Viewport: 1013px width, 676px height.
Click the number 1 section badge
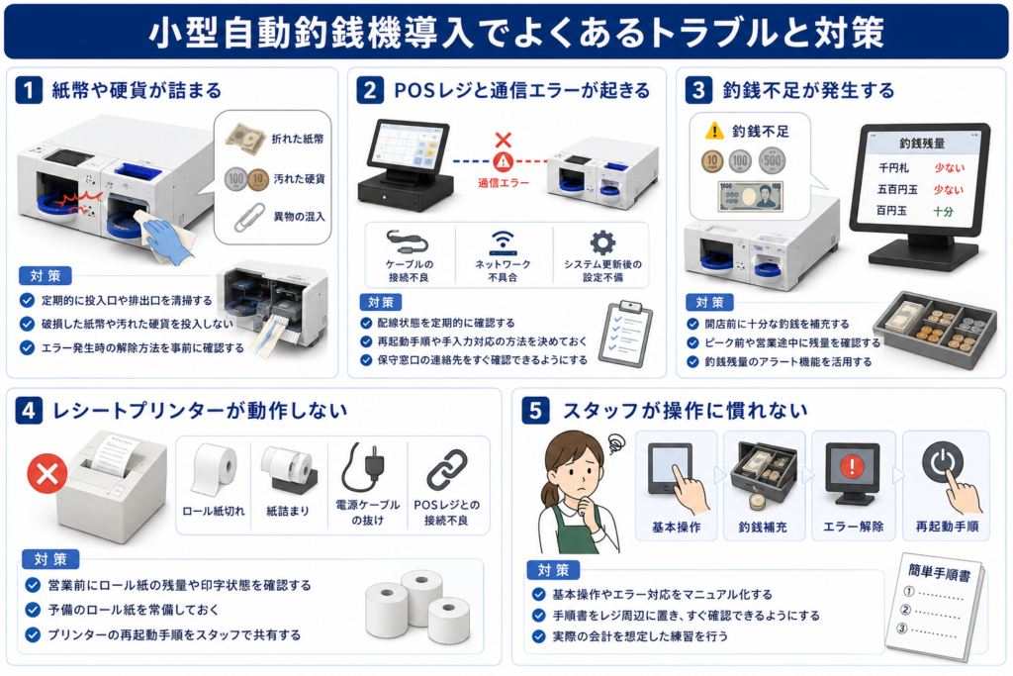point(29,90)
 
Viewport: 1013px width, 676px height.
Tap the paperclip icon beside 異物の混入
point(248,217)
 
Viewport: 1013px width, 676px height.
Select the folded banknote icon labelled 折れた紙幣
point(245,139)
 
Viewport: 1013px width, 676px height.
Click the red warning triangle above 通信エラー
point(504,161)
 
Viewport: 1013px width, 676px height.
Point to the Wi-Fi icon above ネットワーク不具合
point(503,242)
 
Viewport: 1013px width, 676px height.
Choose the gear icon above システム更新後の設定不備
point(602,243)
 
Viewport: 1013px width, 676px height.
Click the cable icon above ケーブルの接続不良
point(408,241)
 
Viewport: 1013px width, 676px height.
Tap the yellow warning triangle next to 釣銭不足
point(714,132)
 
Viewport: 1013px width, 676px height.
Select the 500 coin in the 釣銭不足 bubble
point(772,160)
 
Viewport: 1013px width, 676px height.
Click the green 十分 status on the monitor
point(943,212)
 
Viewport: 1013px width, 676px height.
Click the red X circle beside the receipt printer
point(47,474)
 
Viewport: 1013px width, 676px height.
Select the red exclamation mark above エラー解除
point(852,465)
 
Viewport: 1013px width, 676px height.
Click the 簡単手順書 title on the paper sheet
point(939,572)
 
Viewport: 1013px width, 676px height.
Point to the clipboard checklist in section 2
point(625,334)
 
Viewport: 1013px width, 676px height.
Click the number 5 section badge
point(535,411)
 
